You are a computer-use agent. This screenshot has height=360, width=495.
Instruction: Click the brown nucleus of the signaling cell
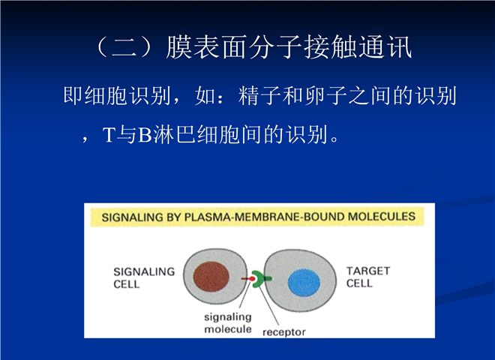point(211,277)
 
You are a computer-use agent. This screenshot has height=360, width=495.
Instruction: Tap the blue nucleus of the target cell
point(304,283)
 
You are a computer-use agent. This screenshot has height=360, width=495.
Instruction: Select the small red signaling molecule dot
point(252,279)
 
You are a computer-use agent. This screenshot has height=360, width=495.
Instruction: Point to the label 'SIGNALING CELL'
point(144,278)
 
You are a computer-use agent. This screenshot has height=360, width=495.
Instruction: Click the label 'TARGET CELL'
point(368,277)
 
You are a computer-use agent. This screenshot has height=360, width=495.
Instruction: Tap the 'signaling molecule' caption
point(227,323)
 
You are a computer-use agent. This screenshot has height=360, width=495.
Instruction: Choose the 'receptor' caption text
point(283,332)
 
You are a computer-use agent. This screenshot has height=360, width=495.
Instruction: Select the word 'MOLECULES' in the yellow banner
point(381,216)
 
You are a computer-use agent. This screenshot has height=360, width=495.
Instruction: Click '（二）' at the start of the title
point(124,47)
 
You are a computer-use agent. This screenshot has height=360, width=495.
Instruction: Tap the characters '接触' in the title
point(331,47)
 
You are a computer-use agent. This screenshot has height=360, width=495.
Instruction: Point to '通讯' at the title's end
point(385,47)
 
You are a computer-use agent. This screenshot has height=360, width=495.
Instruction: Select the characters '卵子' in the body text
point(326,96)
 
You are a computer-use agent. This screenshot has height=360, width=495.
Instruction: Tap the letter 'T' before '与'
point(109,135)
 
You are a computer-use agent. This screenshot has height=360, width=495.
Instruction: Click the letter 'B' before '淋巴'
point(145,135)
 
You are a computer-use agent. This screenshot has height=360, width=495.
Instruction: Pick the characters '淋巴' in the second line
point(174,135)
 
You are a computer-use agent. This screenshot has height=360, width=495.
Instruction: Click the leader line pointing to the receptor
point(269,306)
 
